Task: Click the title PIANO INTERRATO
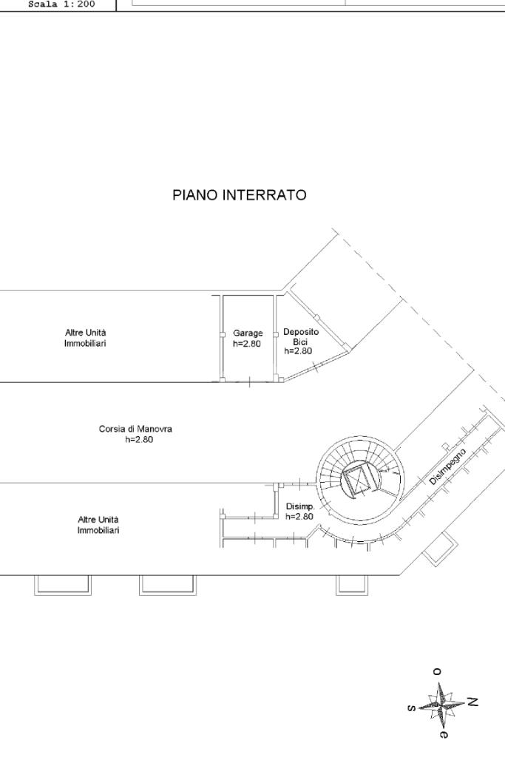click(x=240, y=196)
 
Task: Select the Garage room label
click(x=247, y=333)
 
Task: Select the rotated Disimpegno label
click(x=447, y=466)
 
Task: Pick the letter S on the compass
click(x=411, y=707)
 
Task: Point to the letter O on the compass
click(x=436, y=671)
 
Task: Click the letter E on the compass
click(x=443, y=734)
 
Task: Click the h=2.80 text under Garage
click(x=247, y=344)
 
